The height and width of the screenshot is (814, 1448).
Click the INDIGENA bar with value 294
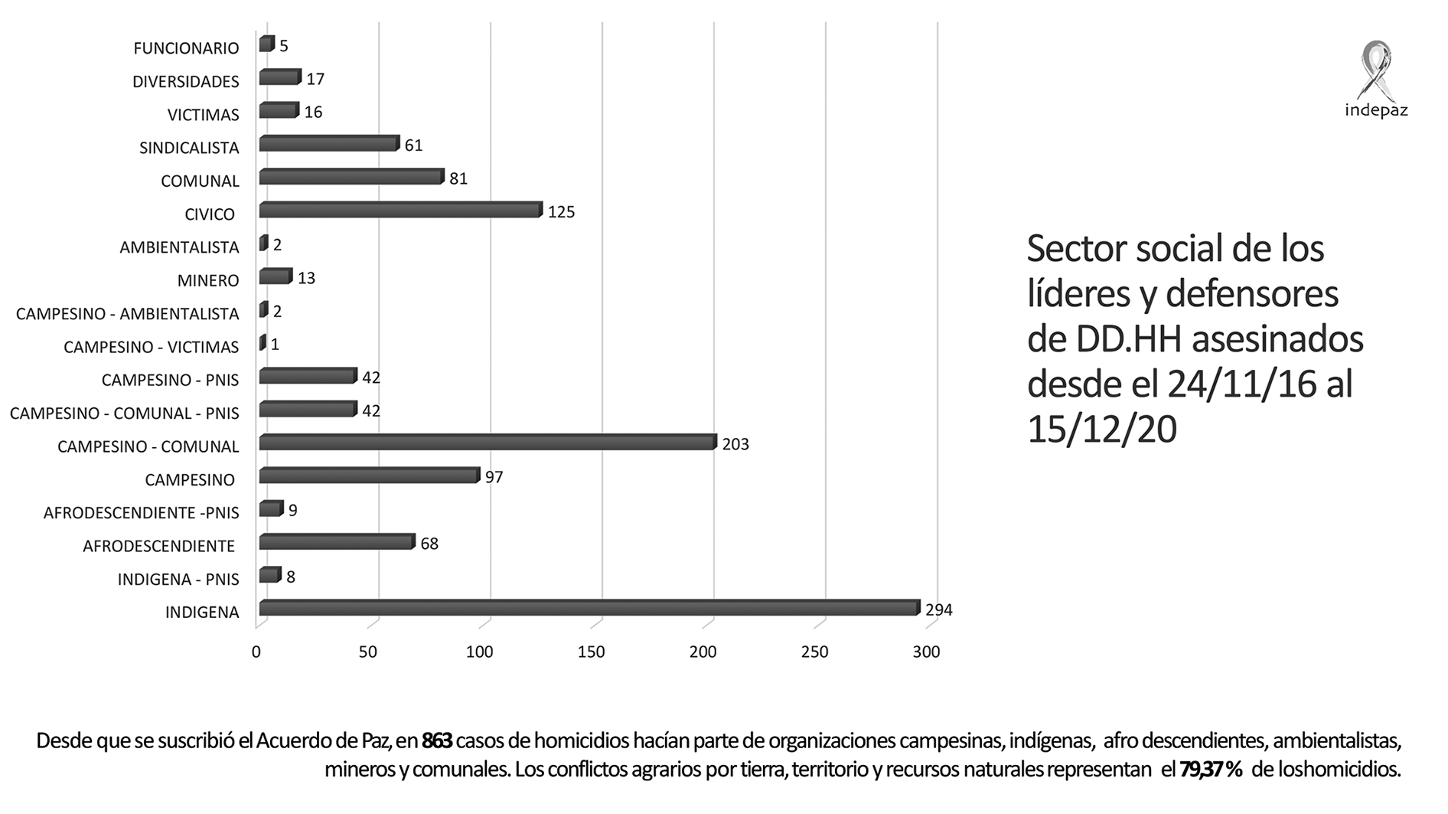[588, 608]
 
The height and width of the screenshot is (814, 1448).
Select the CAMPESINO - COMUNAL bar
[487, 443]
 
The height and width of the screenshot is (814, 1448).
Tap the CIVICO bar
[400, 210]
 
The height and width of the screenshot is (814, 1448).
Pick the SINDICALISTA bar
[328, 144]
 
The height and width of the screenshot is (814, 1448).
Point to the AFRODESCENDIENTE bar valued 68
[336, 542]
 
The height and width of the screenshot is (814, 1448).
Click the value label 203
[735, 444]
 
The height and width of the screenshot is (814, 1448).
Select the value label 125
[561, 212]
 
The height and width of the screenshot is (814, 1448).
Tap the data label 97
[494, 478]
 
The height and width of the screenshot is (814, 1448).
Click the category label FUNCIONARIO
[186, 48]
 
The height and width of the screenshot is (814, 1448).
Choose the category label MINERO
[208, 280]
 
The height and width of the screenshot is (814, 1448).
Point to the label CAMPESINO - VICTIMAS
[151, 347]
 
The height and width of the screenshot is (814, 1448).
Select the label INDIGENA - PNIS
[178, 579]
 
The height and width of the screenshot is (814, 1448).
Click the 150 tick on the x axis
[591, 652]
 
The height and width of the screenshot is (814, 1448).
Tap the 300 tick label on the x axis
[926, 652]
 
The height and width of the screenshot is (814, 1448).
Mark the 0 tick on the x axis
[256, 652]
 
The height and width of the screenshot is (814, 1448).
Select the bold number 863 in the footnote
[437, 741]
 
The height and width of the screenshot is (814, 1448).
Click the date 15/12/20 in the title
[1101, 430]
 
